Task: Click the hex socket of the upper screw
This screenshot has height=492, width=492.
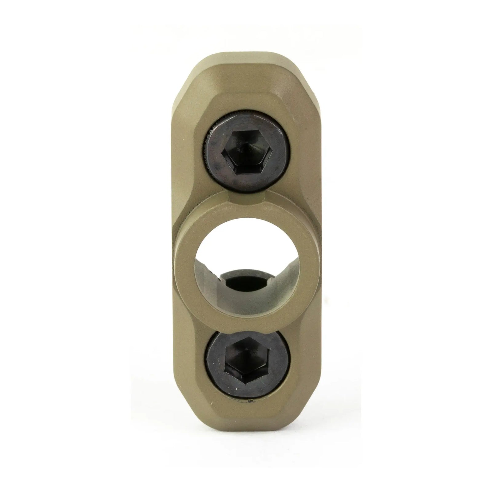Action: click(244, 159)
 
